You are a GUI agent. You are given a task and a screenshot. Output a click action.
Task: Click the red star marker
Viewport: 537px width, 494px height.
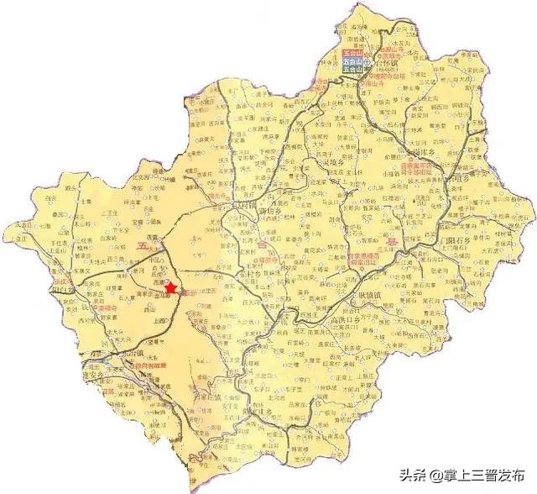point(171,287)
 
